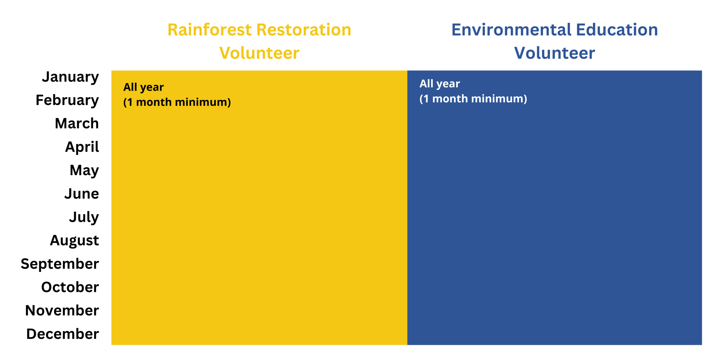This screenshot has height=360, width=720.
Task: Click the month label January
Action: (70, 77)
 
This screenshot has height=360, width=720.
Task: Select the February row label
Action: (67, 101)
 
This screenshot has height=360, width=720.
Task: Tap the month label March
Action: (77, 123)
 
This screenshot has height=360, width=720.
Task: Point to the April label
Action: (82, 147)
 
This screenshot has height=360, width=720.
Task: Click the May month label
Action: (84, 171)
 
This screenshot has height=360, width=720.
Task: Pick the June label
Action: (82, 194)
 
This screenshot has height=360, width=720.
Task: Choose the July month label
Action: (84, 217)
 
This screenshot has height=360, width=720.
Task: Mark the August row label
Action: (75, 241)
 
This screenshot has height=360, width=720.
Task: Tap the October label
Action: (70, 287)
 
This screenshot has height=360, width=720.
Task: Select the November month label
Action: (62, 310)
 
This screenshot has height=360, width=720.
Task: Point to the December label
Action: (63, 334)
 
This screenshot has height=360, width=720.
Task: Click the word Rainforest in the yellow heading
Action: (210, 30)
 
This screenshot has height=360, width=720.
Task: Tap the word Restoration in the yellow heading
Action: (304, 30)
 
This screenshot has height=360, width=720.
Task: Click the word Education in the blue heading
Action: (617, 30)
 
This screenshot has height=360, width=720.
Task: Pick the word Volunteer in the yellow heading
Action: (259, 53)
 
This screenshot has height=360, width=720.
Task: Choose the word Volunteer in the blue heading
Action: (555, 53)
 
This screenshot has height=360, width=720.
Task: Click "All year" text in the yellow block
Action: (143, 87)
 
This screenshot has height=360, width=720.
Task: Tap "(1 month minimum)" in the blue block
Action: (473, 99)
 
